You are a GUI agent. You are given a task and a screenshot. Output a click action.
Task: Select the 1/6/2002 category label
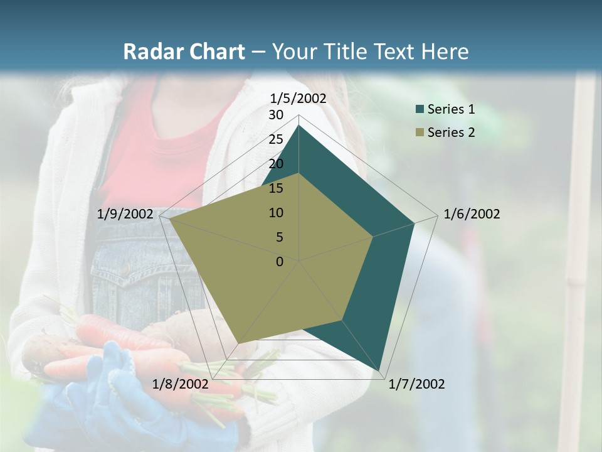(x=472, y=214)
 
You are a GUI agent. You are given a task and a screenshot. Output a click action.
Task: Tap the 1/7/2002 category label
(x=416, y=384)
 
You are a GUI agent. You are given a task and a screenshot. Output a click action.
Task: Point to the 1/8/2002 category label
(x=180, y=384)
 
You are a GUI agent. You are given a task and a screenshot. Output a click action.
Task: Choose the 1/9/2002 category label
(x=125, y=214)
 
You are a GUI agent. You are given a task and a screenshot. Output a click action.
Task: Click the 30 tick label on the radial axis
(x=276, y=115)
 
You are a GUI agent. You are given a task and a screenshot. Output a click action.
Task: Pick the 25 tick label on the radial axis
(x=276, y=139)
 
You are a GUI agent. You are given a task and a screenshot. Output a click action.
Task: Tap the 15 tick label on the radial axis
(x=276, y=188)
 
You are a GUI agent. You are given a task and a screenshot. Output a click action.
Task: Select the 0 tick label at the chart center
(x=280, y=262)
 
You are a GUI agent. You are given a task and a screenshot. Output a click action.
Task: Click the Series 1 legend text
(x=451, y=109)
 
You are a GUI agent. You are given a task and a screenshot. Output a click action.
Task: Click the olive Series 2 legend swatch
(x=420, y=132)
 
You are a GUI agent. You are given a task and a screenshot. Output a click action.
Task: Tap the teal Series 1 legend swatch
(x=420, y=109)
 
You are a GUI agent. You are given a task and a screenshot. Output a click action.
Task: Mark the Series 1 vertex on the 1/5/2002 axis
(x=299, y=126)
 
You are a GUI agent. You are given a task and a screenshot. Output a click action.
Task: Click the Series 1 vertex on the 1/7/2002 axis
(x=380, y=370)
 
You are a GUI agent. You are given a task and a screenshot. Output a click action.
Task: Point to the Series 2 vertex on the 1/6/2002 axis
(x=373, y=237)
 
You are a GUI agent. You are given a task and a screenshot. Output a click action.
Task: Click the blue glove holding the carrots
(x=107, y=395)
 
